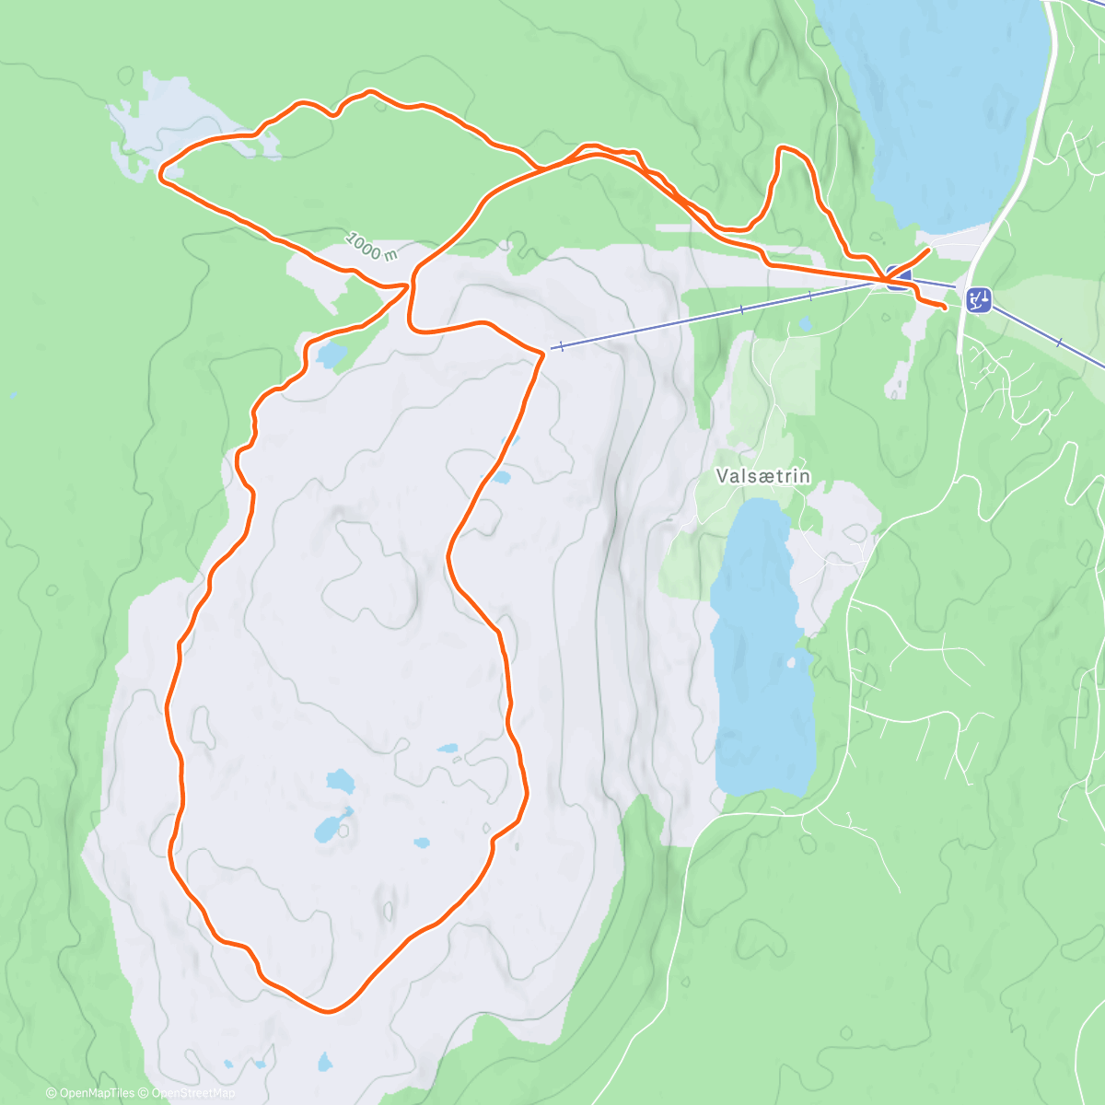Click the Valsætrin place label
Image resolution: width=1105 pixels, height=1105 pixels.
pyautogui.click(x=763, y=476)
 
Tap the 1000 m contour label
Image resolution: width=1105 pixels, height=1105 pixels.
pyautogui.click(x=371, y=246)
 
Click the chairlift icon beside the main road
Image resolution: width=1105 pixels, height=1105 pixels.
pyautogui.click(x=979, y=299)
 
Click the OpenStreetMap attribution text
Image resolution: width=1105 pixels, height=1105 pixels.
pyautogui.click(x=192, y=1093)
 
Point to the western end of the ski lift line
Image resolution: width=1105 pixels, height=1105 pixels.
pyautogui.click(x=552, y=348)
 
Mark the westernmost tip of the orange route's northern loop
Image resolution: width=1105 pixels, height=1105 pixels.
pyautogui.click(x=161, y=171)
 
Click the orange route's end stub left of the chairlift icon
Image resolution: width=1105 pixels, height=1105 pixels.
pyautogui.click(x=944, y=306)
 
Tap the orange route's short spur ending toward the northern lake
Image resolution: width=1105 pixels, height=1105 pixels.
pyautogui.click(x=925, y=249)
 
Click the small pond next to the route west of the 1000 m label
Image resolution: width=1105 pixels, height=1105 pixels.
pyautogui.click(x=331, y=354)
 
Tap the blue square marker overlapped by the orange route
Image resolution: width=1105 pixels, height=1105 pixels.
pyautogui.click(x=899, y=279)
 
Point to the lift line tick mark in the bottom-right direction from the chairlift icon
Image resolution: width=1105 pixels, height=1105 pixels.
pyautogui.click(x=1059, y=343)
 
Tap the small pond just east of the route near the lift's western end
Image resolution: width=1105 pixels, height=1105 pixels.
pyautogui.click(x=501, y=477)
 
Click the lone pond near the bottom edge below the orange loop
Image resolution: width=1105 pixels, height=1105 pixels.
pyautogui.click(x=324, y=1063)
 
